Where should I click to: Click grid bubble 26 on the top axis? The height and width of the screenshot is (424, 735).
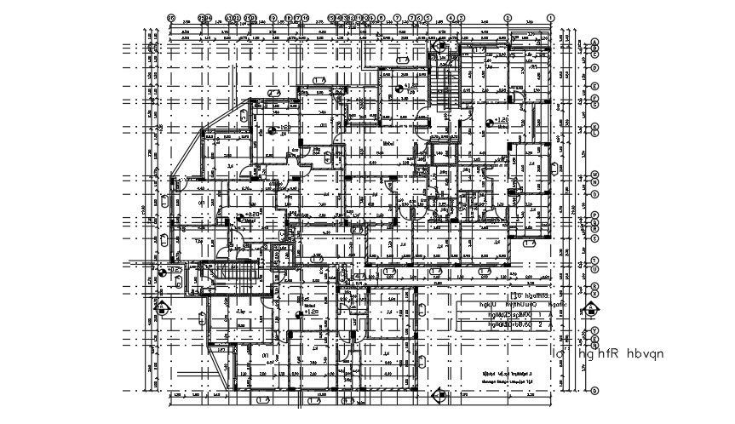coord(171,17)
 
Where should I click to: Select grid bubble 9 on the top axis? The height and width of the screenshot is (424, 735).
coord(273,17)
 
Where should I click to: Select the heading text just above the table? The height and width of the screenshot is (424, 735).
coord(481,292)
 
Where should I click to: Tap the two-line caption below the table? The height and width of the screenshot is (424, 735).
coord(508,377)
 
